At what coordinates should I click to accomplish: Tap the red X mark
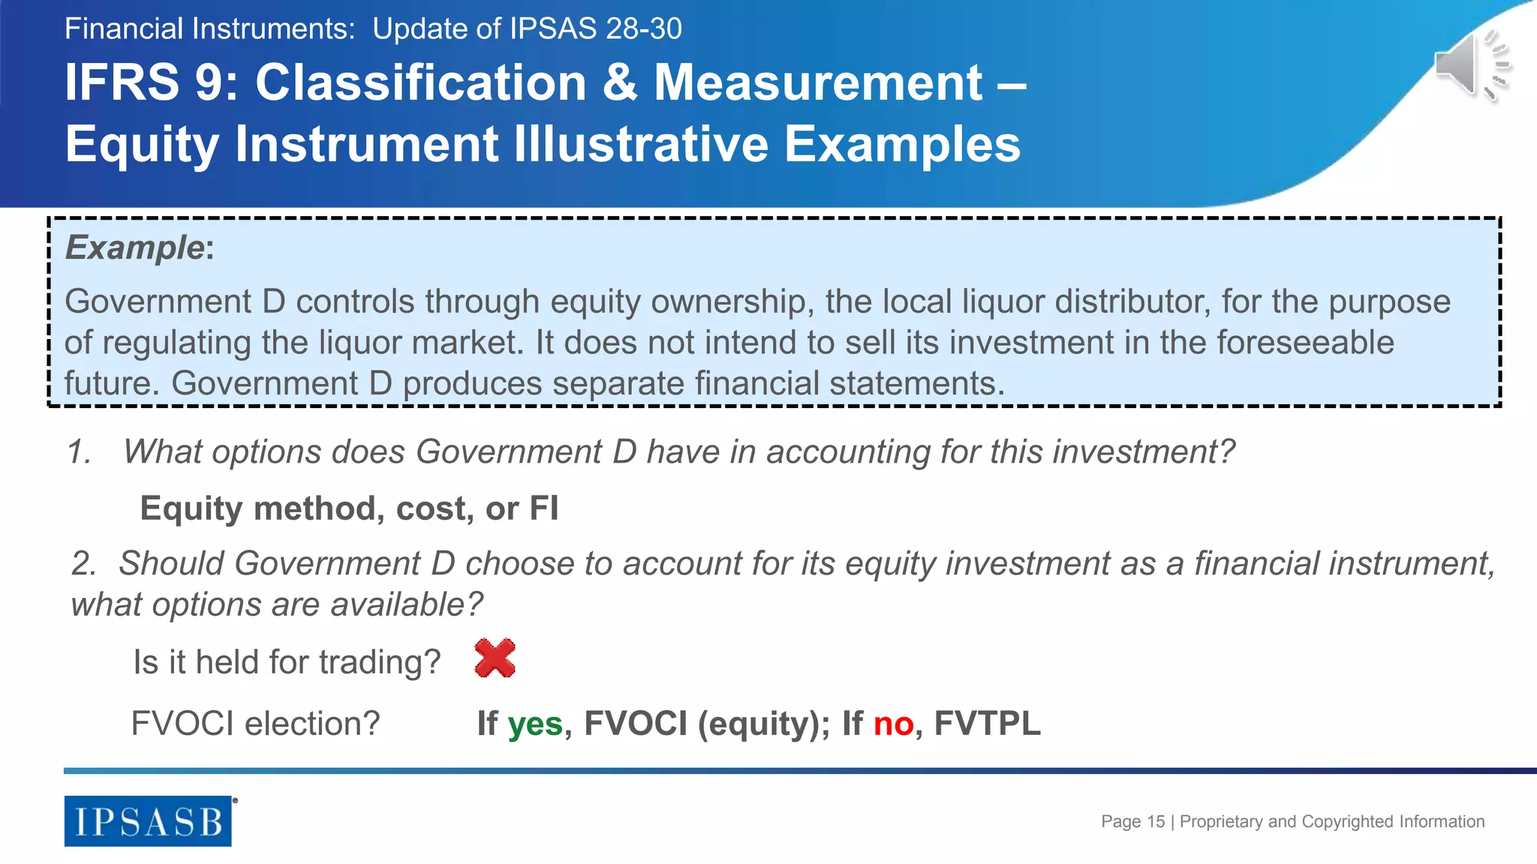(495, 658)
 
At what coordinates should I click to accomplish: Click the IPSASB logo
(148, 821)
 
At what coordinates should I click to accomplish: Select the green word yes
(535, 724)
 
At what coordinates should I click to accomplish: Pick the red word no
(893, 724)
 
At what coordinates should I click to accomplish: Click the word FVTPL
(987, 724)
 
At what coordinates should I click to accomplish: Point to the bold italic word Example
(134, 247)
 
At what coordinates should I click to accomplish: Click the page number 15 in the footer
(1156, 821)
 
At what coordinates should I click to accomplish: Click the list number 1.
(78, 452)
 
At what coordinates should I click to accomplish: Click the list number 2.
(83, 563)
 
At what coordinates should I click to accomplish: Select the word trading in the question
(380, 663)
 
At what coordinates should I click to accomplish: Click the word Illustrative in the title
(641, 143)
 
